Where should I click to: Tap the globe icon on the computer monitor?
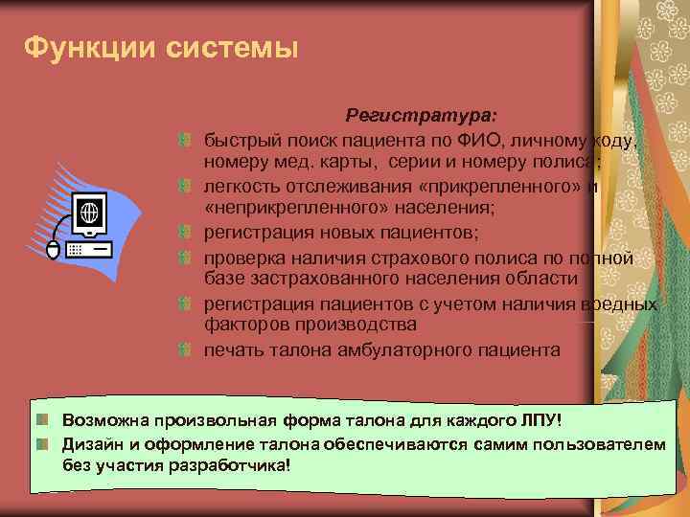(x=87, y=211)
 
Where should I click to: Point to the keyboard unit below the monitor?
(x=88, y=247)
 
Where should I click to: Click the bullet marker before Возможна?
(x=44, y=420)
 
